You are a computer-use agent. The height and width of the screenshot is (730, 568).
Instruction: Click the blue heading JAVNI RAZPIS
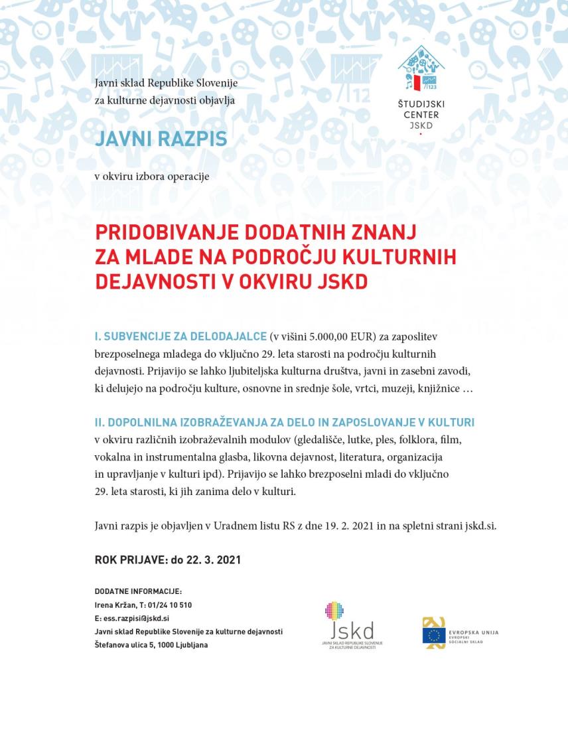point(161,139)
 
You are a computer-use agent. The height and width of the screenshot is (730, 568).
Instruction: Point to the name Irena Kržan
point(115,605)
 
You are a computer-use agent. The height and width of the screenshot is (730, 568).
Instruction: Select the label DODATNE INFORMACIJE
point(138,591)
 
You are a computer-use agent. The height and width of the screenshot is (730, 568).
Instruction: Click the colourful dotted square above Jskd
point(334,611)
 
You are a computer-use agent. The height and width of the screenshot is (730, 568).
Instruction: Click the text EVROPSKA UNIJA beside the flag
point(474,632)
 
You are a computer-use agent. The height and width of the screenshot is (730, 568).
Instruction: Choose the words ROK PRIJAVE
point(131,560)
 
